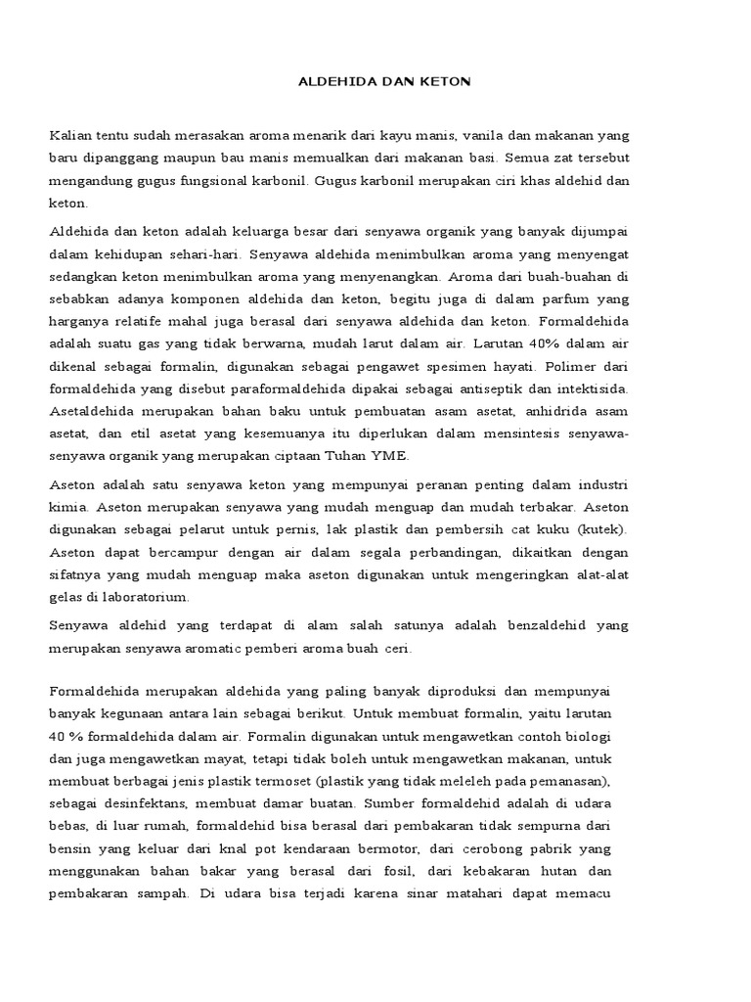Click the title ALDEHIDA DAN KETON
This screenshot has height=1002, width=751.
pyautogui.click(x=384, y=82)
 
